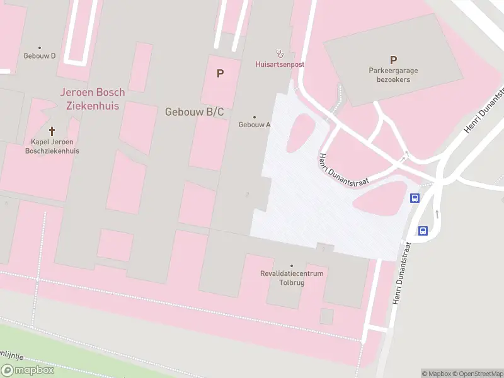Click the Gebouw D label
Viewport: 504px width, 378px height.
[x=40, y=56]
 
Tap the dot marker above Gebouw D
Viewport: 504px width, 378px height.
[x=40, y=47]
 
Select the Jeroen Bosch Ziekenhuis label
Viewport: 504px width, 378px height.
[x=93, y=99]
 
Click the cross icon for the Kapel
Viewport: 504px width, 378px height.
[x=52, y=132]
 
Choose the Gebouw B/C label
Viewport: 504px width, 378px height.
[x=195, y=112]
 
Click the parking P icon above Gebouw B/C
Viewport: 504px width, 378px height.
[x=220, y=74]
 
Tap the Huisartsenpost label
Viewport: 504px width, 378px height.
[x=280, y=64]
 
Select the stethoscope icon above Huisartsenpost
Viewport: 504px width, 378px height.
[x=280, y=54]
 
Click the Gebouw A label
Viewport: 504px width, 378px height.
[x=255, y=125]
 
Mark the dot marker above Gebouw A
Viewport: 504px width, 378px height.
[x=255, y=117]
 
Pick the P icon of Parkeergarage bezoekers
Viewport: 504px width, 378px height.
[x=393, y=60]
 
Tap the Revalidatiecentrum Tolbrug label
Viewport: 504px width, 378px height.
[x=292, y=278]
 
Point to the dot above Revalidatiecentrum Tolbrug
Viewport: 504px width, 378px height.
[x=292, y=266]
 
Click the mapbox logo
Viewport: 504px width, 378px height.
[x=28, y=370]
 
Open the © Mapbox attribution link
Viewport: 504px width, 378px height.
[x=437, y=374]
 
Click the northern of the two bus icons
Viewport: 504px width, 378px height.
[x=415, y=198]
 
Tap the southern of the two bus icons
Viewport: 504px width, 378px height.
[x=423, y=231]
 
